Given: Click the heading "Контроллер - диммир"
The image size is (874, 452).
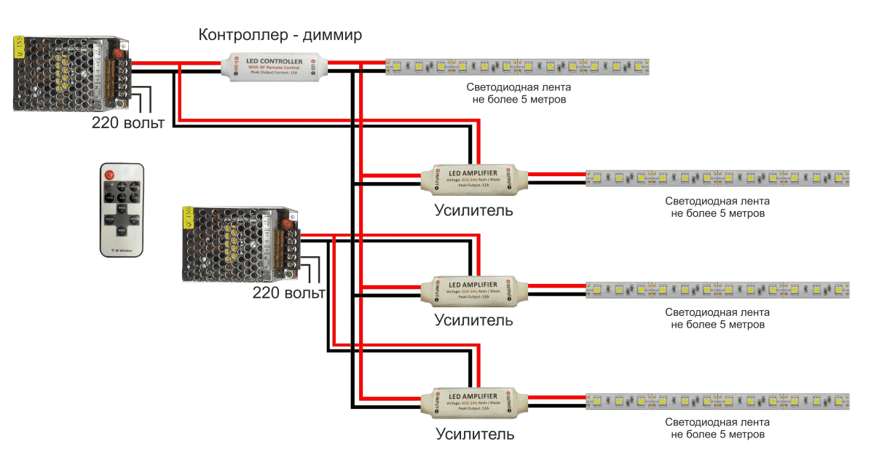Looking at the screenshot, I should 280,35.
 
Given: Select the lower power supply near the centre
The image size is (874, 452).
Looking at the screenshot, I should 239,244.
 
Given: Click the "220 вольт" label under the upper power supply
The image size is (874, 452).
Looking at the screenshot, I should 127,122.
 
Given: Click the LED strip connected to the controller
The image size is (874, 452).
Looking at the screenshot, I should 516,67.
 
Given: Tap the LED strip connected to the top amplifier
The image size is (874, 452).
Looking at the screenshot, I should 718,178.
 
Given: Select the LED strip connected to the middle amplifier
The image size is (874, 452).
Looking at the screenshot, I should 718,290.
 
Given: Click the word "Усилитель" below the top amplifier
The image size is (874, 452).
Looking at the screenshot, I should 474,211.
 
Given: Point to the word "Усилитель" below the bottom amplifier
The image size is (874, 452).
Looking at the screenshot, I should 475,435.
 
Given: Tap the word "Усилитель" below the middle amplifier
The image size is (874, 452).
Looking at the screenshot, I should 474,320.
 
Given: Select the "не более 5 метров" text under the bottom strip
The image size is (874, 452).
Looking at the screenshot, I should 718,435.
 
